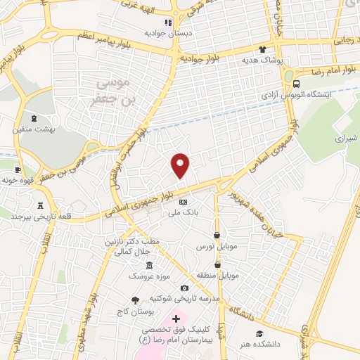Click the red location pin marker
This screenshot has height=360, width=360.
pos(181,165)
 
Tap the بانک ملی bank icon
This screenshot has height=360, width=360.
pos(183,202)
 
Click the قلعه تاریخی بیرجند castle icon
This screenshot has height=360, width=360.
pos(39,205)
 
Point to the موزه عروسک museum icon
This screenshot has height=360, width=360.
pos(148,266)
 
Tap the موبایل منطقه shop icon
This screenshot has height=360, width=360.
pos(217,264)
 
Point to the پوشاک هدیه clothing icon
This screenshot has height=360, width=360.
pos(262,49)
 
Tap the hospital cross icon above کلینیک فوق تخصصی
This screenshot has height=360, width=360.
pos(176,319)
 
